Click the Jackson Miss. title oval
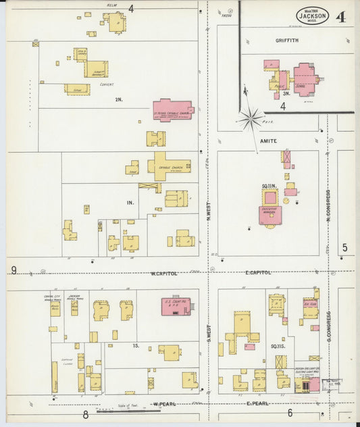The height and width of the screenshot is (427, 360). coord(312,16)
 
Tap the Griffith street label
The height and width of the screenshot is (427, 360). coord(286,41)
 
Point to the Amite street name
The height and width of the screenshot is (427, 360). coord(268,141)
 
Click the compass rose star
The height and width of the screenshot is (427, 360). coord(251,120)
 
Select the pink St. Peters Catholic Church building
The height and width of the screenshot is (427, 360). coord(172,109)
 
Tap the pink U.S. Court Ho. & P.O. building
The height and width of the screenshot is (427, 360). coord(176,306)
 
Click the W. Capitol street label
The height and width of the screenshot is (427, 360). coord(163,273)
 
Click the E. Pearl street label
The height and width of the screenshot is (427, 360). coord(258,404)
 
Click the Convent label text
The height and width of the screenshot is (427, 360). coord(106,85)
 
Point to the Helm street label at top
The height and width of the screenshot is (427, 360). coord(112,5)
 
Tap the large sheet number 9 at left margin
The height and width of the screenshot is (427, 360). coord(13,271)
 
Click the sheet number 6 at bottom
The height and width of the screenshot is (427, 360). coord(290,413)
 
